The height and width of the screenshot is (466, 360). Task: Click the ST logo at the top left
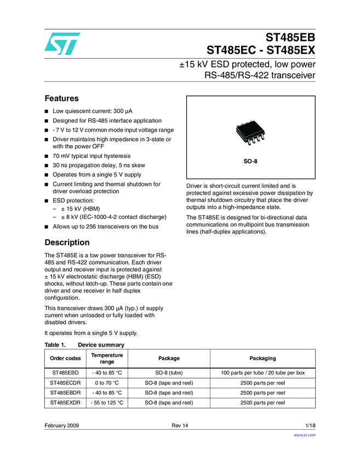point(62,43)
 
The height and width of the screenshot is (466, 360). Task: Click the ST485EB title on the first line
point(291,38)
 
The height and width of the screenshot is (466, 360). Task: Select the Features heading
point(61,99)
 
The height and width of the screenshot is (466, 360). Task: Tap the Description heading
point(67,242)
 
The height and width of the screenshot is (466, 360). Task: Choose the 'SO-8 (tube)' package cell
point(169,373)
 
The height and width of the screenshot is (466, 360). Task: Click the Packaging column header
point(262,359)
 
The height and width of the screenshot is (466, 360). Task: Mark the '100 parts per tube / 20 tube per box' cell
point(262,373)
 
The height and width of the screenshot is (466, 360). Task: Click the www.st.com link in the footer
point(305,435)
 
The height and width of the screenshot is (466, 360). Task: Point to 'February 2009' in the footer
point(62,426)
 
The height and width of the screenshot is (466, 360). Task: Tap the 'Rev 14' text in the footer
point(180,426)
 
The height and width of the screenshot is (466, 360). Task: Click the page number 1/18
point(310,426)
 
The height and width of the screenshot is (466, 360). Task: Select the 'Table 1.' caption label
point(55,345)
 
